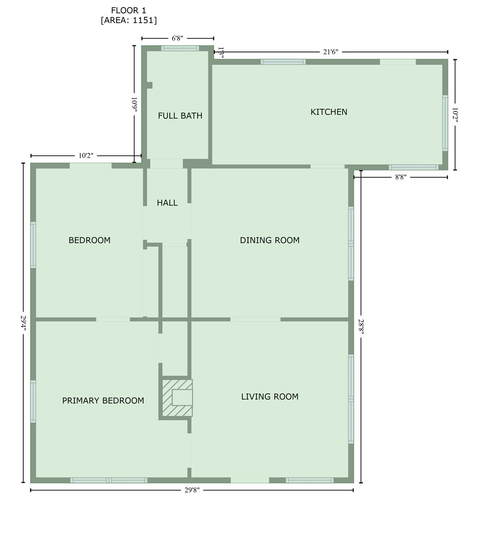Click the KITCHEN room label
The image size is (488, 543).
[329, 112]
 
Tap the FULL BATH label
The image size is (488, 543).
[180, 116]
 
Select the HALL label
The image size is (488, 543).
[167, 203]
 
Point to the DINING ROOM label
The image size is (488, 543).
[269, 240]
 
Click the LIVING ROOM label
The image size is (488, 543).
[270, 397]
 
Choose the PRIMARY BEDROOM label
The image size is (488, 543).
[103, 401]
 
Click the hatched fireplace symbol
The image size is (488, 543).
[177, 398]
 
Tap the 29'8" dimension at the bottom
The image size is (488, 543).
[192, 490]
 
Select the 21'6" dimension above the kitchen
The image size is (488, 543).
[331, 52]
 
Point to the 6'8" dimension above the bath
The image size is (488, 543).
[177, 38]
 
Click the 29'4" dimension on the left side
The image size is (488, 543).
[24, 323]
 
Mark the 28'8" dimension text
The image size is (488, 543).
[361, 326]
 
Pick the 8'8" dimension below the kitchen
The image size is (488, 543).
[401, 177]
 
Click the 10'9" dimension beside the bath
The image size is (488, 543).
[134, 105]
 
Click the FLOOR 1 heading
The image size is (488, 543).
[128, 11]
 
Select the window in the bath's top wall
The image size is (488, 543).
[180, 48]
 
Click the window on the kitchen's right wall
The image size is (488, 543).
[445, 123]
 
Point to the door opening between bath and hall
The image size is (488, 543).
[166, 163]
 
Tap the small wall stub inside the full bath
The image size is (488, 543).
[149, 85]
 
